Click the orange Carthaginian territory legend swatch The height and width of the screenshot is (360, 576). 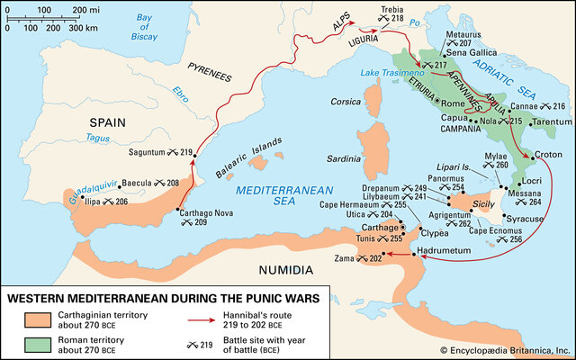point(31,320)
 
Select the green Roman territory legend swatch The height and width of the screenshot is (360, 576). point(31,345)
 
